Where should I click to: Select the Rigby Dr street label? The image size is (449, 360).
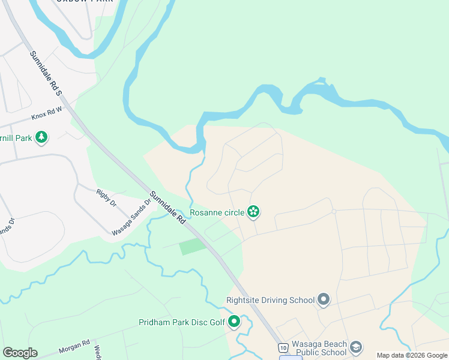coord(106,197)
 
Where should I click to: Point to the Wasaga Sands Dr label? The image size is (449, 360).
coord(130,217)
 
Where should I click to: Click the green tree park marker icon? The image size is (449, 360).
coord(41,138)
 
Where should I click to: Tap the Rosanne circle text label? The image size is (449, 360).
coord(217,212)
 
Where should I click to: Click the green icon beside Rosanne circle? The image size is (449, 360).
coord(254,211)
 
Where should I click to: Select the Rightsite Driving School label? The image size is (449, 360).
coord(270,300)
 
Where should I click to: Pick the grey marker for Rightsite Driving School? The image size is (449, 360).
coord(324,299)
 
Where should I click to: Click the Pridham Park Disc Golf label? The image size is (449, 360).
coord(182,323)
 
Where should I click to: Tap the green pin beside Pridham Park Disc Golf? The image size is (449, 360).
coord(234,322)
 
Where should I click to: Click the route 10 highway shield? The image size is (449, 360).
coord(282,347)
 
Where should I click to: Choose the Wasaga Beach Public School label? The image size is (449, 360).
coord(319,348)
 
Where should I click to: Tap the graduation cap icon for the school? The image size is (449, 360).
coord(357,347)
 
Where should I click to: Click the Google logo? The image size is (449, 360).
coord(20,353)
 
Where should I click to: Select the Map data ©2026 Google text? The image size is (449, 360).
coord(412,355)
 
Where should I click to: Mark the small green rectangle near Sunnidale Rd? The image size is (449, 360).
coord(192,246)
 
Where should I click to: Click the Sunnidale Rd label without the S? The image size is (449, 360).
coord(169,208)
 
